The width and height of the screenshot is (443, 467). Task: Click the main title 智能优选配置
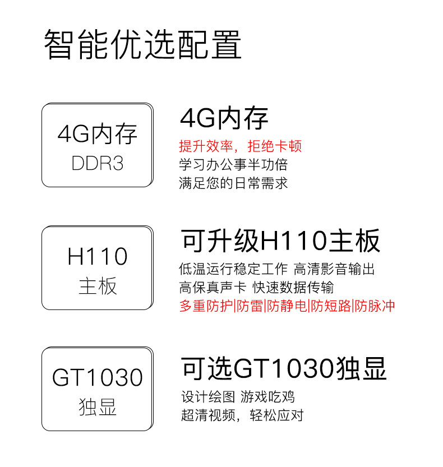point(143,45)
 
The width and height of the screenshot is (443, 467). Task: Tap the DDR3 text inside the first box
point(98,163)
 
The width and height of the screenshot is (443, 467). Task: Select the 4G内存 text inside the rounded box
point(98,135)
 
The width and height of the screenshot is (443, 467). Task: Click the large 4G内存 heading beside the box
point(224,118)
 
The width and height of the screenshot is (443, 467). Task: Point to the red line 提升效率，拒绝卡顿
point(240,146)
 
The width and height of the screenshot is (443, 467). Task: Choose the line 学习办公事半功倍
point(233,165)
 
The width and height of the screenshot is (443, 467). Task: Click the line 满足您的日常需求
point(233,183)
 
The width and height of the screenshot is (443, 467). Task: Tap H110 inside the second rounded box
point(98,257)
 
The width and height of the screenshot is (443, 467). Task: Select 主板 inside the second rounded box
point(98,286)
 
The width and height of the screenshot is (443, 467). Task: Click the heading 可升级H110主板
point(280,241)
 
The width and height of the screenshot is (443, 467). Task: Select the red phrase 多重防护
point(206,306)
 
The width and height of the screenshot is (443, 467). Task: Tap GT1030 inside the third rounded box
point(98,377)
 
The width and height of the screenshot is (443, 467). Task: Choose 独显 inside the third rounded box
point(98,407)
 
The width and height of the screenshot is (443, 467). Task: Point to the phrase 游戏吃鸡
point(267,397)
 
